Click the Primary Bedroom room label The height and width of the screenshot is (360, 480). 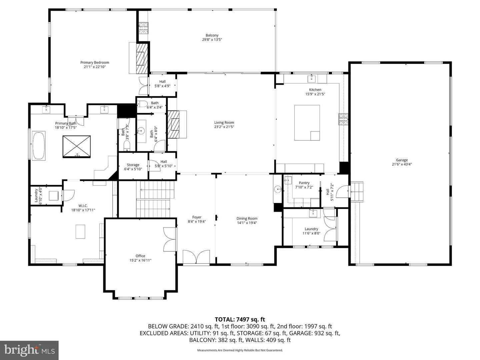pyautogui.click(x=94, y=62)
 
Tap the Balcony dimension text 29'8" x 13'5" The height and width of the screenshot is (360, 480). pyautogui.click(x=212, y=40)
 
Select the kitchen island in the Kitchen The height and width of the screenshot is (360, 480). pyautogui.click(x=307, y=123)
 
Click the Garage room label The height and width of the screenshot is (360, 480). pyautogui.click(x=402, y=160)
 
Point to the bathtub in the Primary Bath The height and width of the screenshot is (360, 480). pyautogui.click(x=38, y=146)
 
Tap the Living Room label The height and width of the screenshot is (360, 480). pyautogui.click(x=224, y=122)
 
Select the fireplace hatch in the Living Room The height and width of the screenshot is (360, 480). pyautogui.click(x=173, y=124)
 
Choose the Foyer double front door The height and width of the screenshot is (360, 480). pyautogui.click(x=196, y=257)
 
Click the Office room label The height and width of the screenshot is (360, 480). pyautogui.click(x=140, y=256)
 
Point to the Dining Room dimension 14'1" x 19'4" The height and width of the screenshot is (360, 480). pyautogui.click(x=247, y=223)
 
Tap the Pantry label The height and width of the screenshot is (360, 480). pyautogui.click(x=304, y=183)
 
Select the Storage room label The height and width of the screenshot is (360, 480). pyautogui.click(x=133, y=165)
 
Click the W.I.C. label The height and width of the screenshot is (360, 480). pyautogui.click(x=83, y=206)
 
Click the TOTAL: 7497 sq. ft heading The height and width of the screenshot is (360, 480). pyautogui.click(x=240, y=319)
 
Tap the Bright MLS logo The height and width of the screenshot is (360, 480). pyautogui.click(x=29, y=350)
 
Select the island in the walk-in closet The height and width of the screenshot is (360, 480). pyautogui.click(x=80, y=232)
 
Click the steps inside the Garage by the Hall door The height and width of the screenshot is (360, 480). pyautogui.click(x=356, y=191)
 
